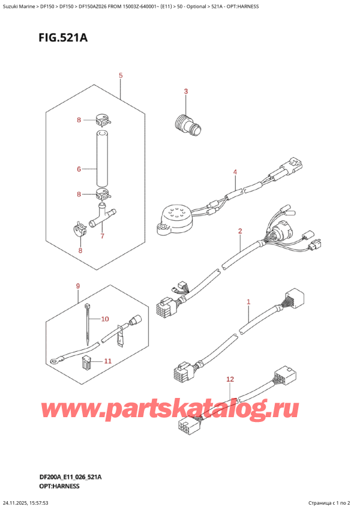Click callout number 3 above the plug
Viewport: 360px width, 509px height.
coord(185,91)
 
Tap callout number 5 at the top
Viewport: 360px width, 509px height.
coord(121,76)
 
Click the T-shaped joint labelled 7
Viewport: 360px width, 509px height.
coord(102,214)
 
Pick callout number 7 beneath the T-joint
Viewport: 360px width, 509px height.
coord(102,236)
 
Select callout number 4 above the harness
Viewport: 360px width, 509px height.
coord(235,172)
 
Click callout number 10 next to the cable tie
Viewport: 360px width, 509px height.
coord(105,318)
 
